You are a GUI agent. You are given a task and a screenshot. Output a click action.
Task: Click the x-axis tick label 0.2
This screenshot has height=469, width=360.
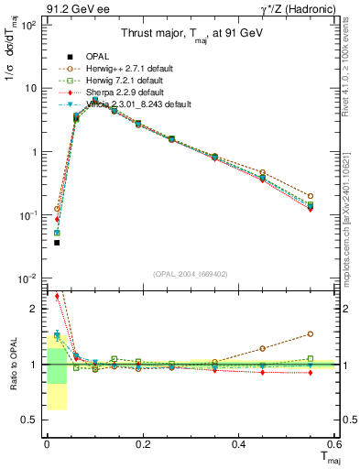(143, 444)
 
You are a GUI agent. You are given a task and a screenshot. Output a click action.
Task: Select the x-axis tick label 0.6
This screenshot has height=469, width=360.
(334, 444)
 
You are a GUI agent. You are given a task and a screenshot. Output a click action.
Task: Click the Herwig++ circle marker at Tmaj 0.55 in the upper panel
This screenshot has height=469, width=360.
(311, 196)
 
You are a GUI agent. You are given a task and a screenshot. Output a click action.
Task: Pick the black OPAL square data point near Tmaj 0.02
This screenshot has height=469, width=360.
(56, 243)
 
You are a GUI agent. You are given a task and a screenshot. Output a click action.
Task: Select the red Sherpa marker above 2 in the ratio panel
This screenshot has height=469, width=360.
(56, 296)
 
